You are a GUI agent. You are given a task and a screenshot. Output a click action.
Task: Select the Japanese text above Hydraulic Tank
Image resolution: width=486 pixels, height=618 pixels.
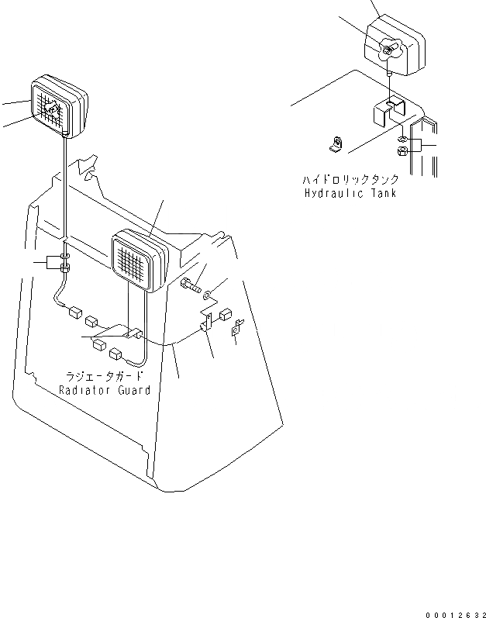[x=351, y=180]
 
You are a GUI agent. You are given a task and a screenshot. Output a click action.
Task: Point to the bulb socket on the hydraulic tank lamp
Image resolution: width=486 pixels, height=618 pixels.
[x=388, y=50]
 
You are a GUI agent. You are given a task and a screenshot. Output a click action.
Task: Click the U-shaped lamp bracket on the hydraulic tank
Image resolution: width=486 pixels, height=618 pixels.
[x=390, y=113]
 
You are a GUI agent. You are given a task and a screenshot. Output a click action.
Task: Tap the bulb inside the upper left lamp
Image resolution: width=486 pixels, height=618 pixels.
[x=52, y=111]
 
